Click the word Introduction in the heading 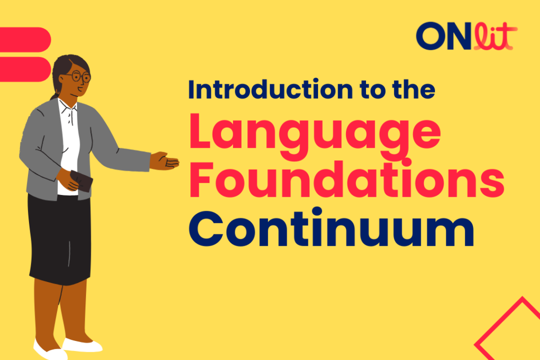pos(271,89)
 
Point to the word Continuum pos(331,227)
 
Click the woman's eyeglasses pos(80,76)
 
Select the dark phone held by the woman pos(81,181)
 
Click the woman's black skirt pos(60,239)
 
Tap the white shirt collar pos(67,105)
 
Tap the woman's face pos(78,81)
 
